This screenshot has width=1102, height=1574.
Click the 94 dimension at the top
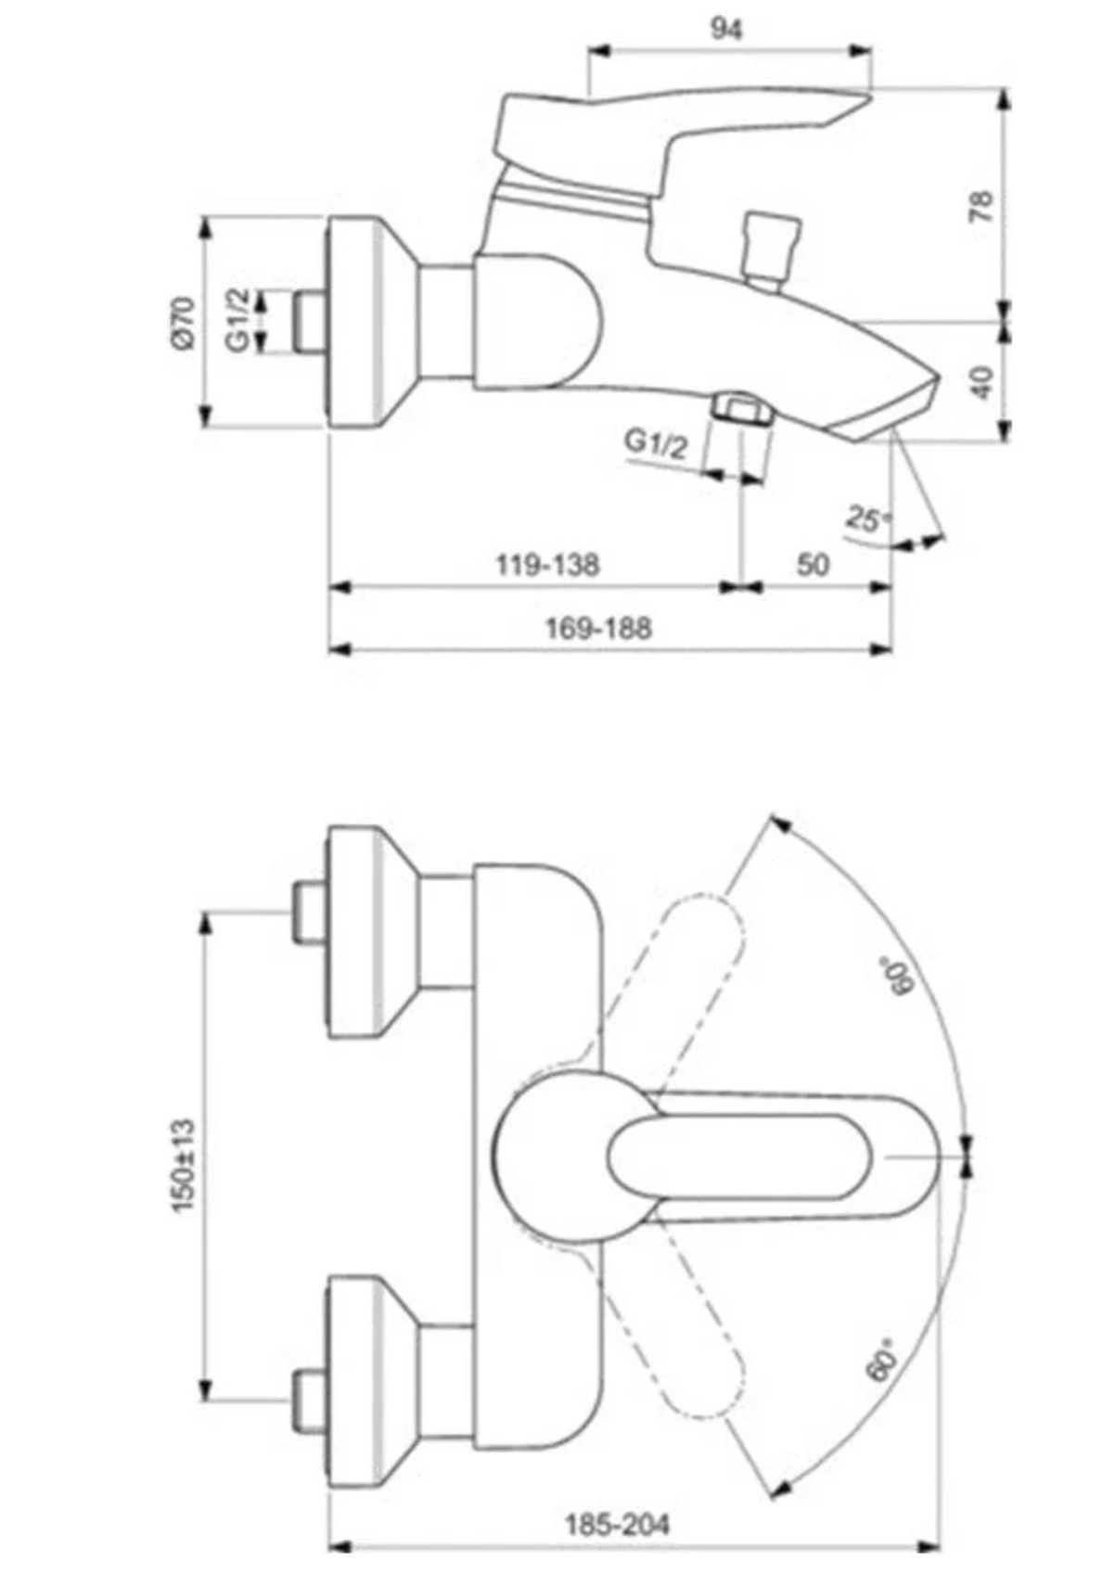pyautogui.click(x=727, y=30)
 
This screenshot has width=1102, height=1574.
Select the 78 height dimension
pyautogui.click(x=981, y=206)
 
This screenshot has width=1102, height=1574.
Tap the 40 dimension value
pyautogui.click(x=983, y=381)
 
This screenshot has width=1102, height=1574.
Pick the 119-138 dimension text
pyautogui.click(x=547, y=564)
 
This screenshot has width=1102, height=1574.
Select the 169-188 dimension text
pyautogui.click(x=598, y=628)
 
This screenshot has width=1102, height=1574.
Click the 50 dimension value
pyautogui.click(x=813, y=564)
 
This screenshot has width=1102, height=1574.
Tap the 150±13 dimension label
pyautogui.click(x=183, y=1166)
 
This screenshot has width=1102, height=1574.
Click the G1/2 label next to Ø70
pyautogui.click(x=238, y=320)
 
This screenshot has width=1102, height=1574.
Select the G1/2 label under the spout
pyautogui.click(x=657, y=442)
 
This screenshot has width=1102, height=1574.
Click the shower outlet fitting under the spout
pyautogui.click(x=742, y=409)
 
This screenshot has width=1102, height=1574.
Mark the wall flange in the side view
pyautogui.click(x=354, y=322)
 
